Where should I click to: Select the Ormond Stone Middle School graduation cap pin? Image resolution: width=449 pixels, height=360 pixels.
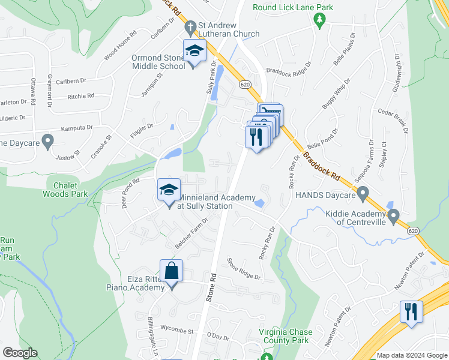(x=194, y=53)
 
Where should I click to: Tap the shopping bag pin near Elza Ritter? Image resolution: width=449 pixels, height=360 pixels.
(x=172, y=271)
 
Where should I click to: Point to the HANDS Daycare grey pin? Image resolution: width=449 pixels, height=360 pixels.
(x=363, y=193)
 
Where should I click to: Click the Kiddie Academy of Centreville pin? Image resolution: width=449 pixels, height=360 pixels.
(x=394, y=215)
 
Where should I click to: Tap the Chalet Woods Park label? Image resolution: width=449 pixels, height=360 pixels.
(x=65, y=190)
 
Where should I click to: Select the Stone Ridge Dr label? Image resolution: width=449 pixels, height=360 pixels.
(x=243, y=269)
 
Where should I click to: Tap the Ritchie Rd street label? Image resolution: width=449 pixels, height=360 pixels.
(x=81, y=96)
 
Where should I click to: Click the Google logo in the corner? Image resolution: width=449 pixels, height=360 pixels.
(x=20, y=353)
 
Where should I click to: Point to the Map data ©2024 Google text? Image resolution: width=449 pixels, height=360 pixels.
(x=412, y=356)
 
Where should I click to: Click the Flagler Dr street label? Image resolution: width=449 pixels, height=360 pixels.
(x=142, y=131)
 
